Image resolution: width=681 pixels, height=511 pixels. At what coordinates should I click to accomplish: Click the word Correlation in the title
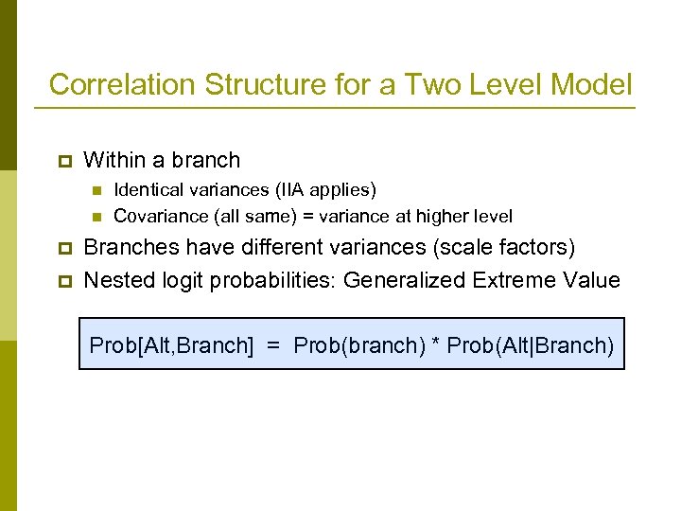(x=122, y=84)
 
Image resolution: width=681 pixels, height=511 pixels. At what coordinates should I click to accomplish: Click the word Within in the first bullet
(x=113, y=160)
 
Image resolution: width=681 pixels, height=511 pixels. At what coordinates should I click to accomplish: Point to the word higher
(x=442, y=216)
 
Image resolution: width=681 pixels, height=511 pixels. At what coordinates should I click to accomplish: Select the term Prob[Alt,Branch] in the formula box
(x=171, y=345)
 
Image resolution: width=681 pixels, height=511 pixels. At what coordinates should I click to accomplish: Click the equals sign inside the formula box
(x=273, y=346)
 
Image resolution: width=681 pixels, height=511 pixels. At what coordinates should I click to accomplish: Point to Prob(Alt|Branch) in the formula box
(x=531, y=345)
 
